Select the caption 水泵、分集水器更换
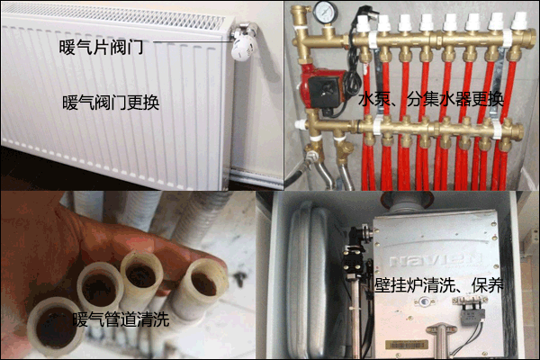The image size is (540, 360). click(430, 99)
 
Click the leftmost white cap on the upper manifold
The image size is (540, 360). click(363, 22)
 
